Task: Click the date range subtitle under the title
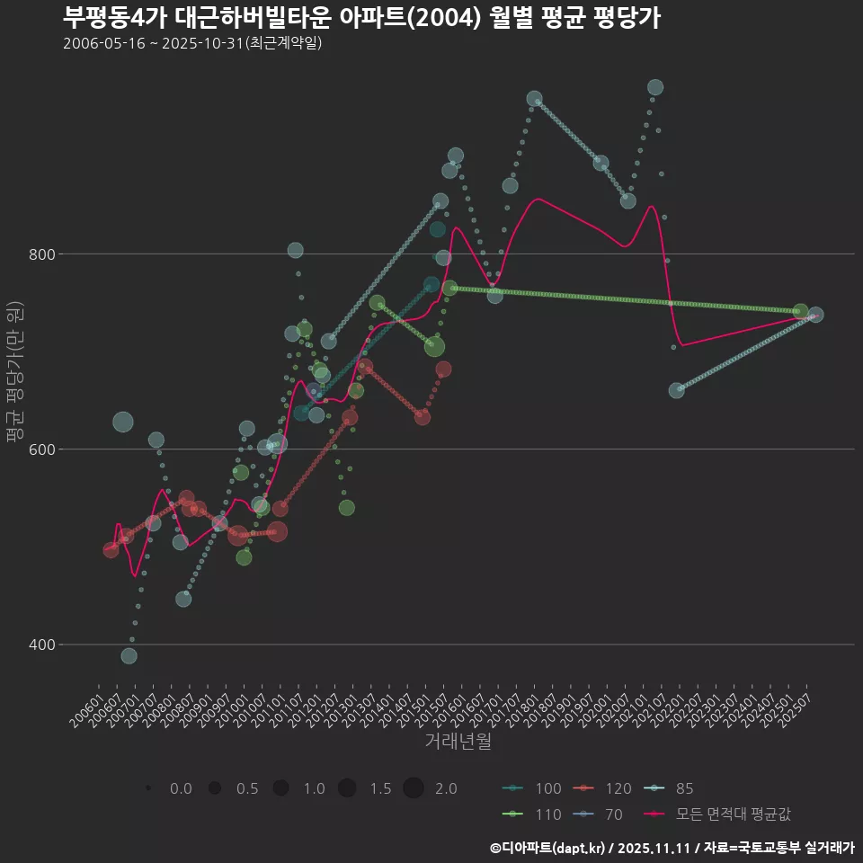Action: point(192,43)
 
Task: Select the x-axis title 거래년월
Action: point(458,742)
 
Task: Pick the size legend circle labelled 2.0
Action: point(413,788)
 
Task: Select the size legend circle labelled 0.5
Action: point(214,788)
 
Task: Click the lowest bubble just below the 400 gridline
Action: point(129,656)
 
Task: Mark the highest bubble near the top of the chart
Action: point(655,87)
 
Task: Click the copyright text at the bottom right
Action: point(672,848)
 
